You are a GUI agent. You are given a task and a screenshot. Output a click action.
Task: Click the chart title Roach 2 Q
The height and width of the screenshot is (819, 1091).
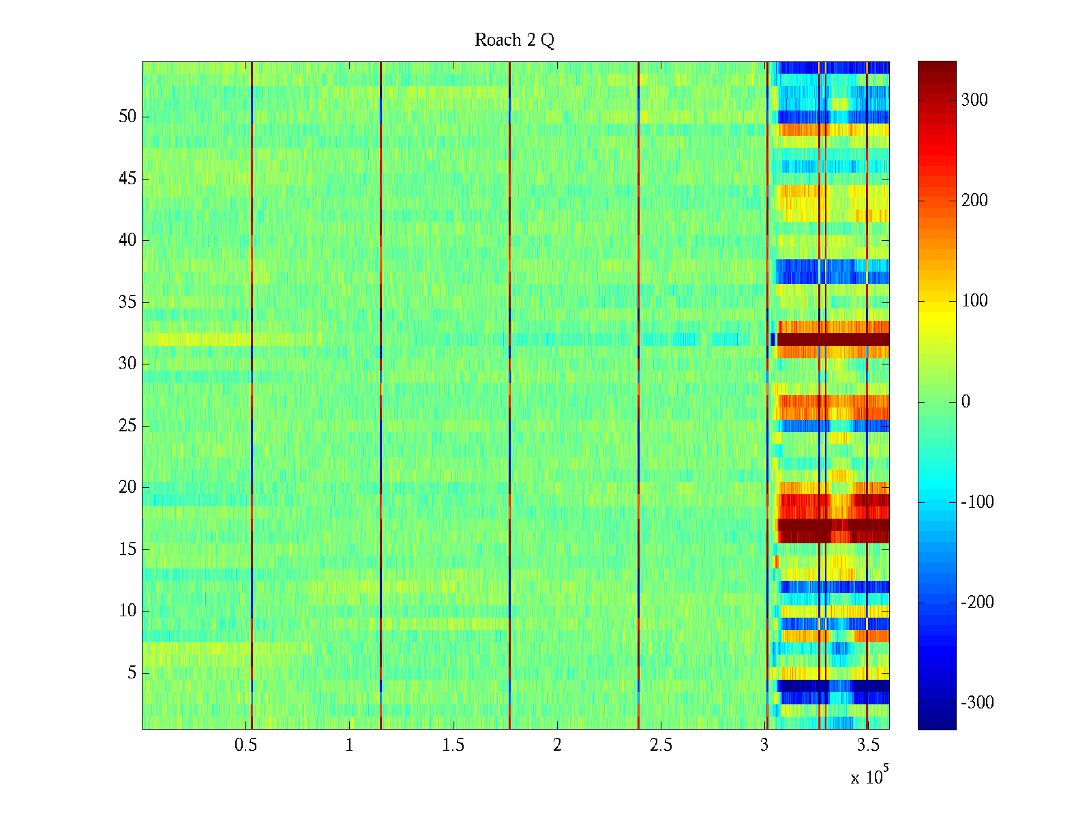pos(514,40)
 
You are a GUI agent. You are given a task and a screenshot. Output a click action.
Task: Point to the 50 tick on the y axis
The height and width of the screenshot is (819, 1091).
pos(128,117)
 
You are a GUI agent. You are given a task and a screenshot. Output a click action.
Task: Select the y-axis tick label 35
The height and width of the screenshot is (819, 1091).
pos(128,302)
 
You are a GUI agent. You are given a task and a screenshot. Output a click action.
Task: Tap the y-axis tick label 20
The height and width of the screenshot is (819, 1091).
pos(128,487)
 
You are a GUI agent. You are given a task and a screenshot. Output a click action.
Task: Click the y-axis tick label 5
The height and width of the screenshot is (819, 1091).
pos(132,673)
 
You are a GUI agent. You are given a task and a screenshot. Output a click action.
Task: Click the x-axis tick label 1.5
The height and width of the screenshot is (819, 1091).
pos(453,745)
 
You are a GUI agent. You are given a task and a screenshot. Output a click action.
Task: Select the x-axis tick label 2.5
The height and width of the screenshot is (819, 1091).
pos(661,745)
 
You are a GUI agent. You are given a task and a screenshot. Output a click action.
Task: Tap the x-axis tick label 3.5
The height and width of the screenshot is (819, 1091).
pos(868,745)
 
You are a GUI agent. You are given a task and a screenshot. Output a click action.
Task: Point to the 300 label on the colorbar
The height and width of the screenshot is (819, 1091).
pos(974,100)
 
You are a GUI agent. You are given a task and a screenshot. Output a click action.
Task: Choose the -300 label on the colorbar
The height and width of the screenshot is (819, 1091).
pos(977,703)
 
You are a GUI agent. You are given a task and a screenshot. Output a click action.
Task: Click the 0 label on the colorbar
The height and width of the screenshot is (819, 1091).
pos(966,401)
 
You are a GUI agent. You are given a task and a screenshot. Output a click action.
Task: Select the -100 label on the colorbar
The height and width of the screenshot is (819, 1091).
pos(977,502)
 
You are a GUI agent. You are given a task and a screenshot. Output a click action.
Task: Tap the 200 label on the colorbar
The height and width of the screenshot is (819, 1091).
pos(974,201)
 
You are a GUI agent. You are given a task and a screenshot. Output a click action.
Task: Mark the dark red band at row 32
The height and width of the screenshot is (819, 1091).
pos(832,339)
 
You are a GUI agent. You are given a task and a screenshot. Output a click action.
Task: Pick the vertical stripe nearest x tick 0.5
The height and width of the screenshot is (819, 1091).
pos(252,396)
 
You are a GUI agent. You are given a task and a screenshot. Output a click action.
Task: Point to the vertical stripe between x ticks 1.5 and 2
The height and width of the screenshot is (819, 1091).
pos(510,396)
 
